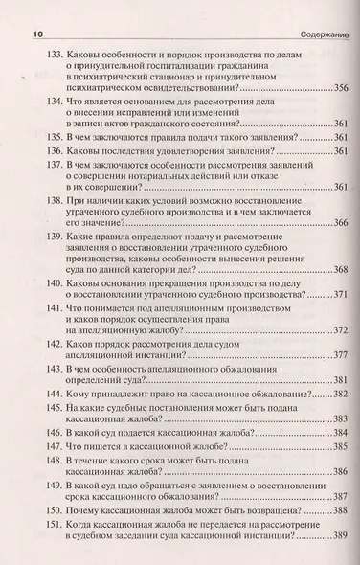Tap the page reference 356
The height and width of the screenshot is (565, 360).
(335, 87)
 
